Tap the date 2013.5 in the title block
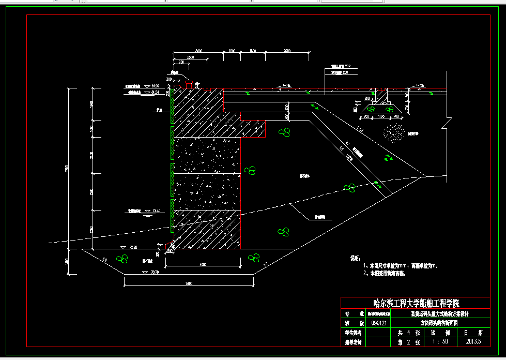(x=473, y=341)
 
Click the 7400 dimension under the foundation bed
(x=189, y=283)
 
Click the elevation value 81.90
(x=155, y=86)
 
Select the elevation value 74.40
(x=157, y=211)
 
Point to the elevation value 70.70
(x=154, y=272)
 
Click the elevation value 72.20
(x=133, y=248)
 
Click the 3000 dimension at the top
(x=198, y=51)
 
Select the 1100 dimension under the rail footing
(x=381, y=117)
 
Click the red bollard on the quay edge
(x=189, y=83)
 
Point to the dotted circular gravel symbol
(x=393, y=133)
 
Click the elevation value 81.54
(x=155, y=92)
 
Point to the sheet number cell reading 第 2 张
(x=405, y=341)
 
